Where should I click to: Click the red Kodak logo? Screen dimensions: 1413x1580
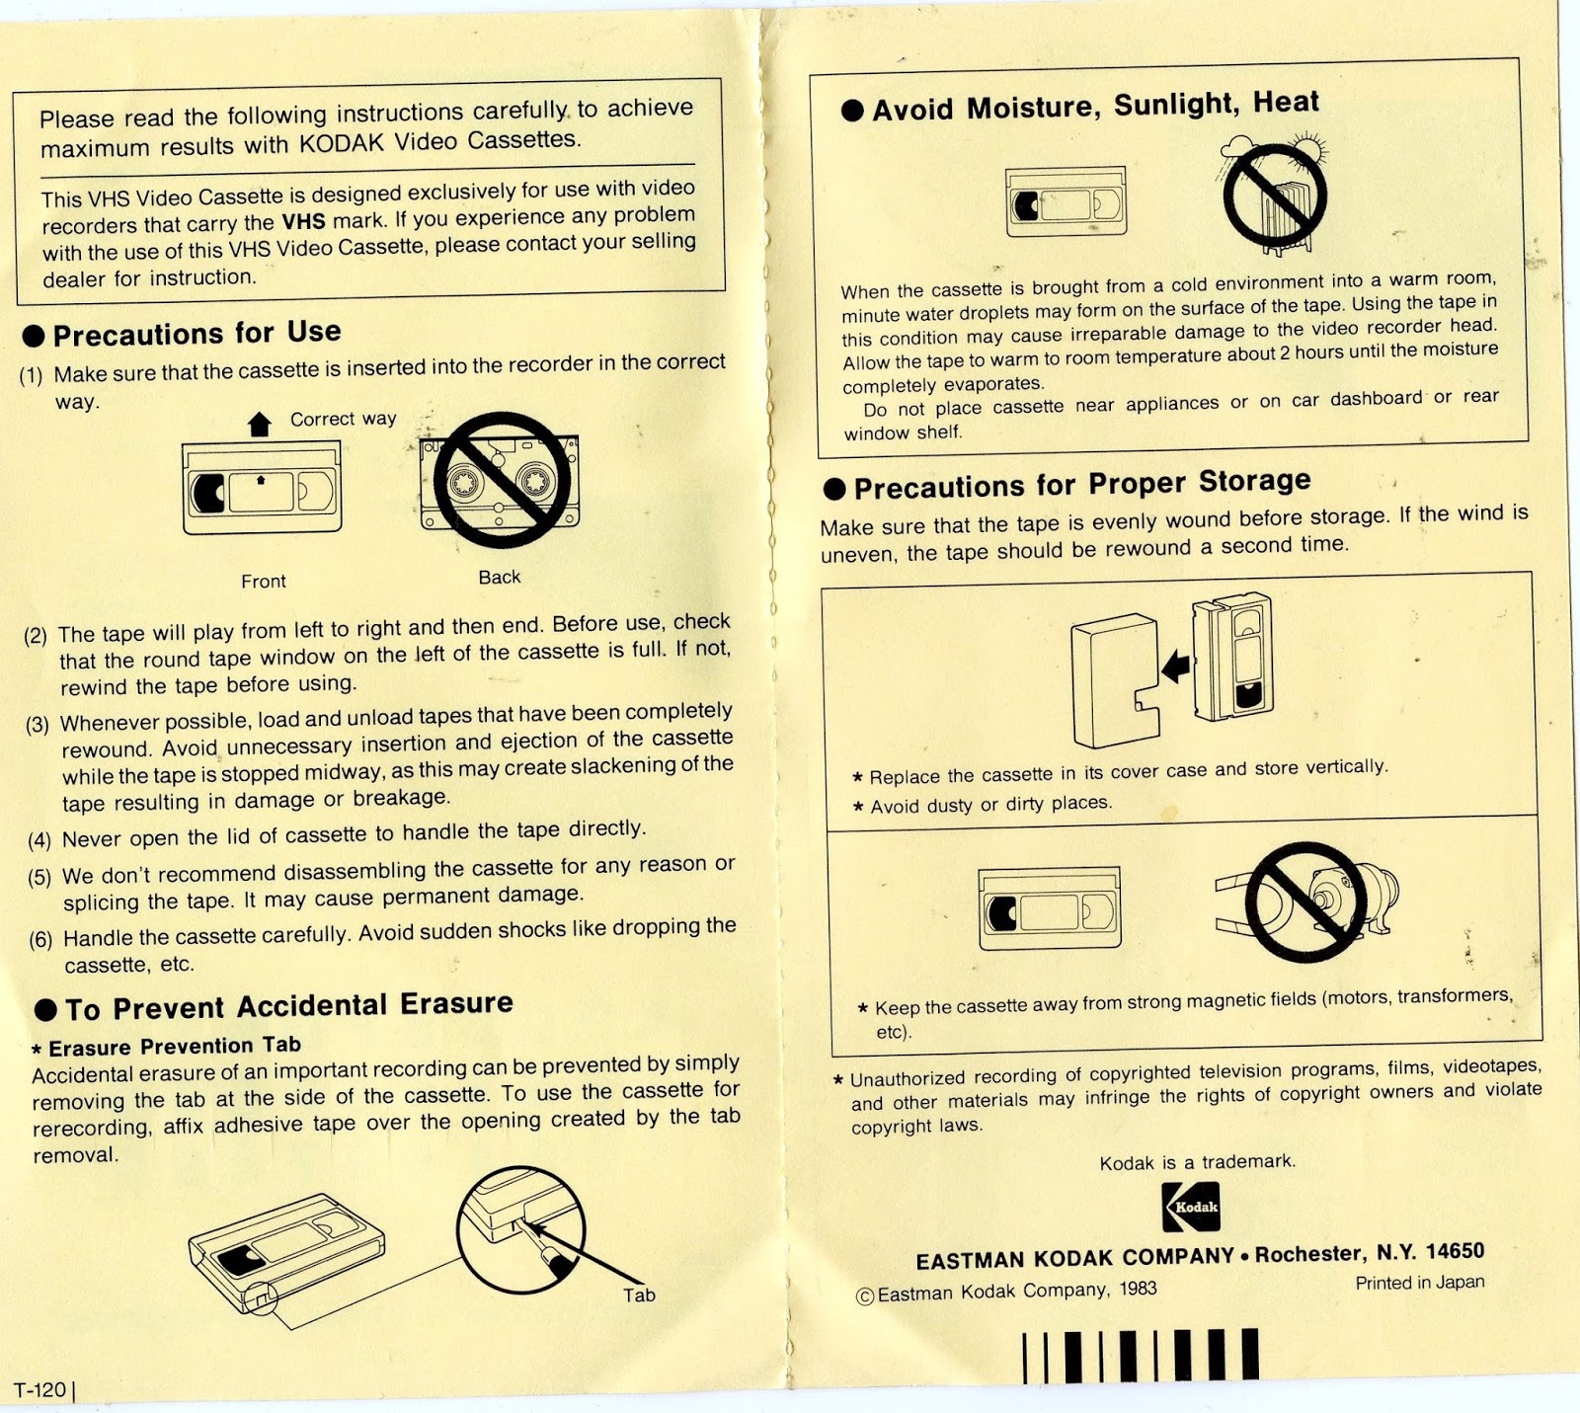click(1190, 1207)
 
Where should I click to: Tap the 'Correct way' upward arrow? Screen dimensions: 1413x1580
click(260, 425)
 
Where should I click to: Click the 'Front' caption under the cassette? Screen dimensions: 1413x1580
click(264, 582)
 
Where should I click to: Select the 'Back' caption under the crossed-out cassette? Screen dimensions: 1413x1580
click(499, 578)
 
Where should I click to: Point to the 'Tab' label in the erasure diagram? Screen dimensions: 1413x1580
click(639, 1295)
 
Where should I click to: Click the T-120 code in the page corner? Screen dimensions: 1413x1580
click(39, 1390)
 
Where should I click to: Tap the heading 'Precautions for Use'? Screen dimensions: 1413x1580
click(197, 334)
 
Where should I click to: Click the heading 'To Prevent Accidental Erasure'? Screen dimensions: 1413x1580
click(288, 1006)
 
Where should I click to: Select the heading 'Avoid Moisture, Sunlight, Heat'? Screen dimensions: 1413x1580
click(1094, 106)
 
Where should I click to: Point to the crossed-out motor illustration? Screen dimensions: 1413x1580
click(1306, 902)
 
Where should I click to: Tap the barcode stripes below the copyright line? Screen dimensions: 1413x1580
click(1141, 1355)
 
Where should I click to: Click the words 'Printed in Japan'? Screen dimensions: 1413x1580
click(1419, 1283)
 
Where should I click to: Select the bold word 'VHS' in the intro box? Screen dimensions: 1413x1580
click(303, 221)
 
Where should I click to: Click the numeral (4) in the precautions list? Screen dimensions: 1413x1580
click(39, 840)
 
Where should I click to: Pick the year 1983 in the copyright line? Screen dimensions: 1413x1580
click(1138, 1289)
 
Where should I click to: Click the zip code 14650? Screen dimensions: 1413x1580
click(1455, 1251)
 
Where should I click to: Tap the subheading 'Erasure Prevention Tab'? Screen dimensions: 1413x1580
click(175, 1046)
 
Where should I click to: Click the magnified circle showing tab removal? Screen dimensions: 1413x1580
click(520, 1229)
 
